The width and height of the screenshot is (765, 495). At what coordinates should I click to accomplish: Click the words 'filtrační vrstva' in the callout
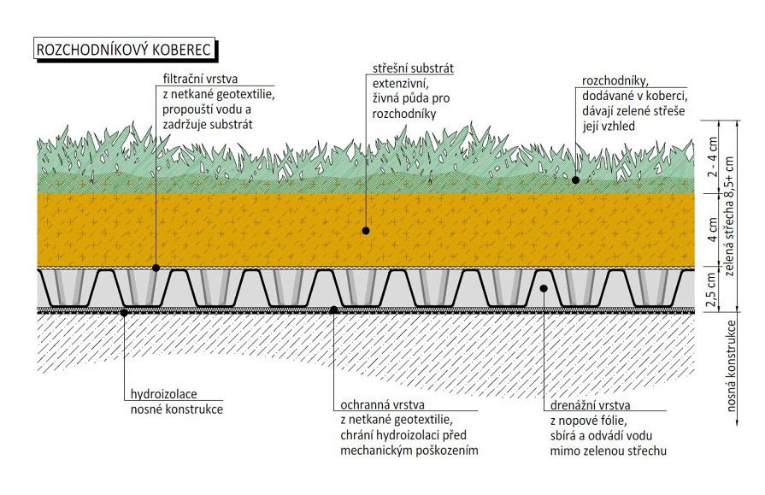[x=202, y=79]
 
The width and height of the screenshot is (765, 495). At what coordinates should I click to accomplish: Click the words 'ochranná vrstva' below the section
[x=381, y=404]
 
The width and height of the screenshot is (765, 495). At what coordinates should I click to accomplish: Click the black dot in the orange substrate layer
[x=365, y=230]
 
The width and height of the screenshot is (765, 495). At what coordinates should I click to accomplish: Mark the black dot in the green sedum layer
[x=576, y=180]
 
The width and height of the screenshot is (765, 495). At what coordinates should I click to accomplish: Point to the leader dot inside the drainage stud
[x=542, y=288]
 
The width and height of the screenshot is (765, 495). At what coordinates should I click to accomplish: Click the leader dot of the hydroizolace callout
[x=124, y=312]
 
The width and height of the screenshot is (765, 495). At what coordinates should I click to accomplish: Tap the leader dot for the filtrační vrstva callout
[x=156, y=268]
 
